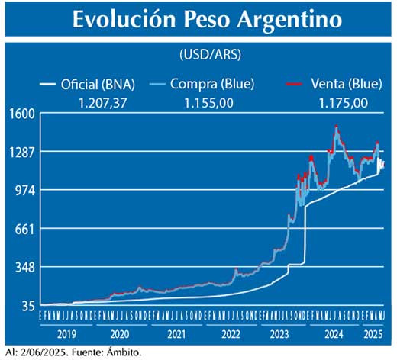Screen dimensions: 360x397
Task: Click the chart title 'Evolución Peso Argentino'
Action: tap(197, 21)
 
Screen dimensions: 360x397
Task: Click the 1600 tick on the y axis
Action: tap(21, 113)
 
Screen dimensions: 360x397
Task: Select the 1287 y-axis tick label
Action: tap(21, 152)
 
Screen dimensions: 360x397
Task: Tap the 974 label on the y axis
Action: tap(24, 190)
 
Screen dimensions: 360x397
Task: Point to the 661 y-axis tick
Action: tap(24, 229)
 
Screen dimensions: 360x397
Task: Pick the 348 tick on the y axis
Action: tap(24, 268)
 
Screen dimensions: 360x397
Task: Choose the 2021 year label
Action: tap(177, 334)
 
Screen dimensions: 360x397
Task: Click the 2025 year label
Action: tap(373, 334)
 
